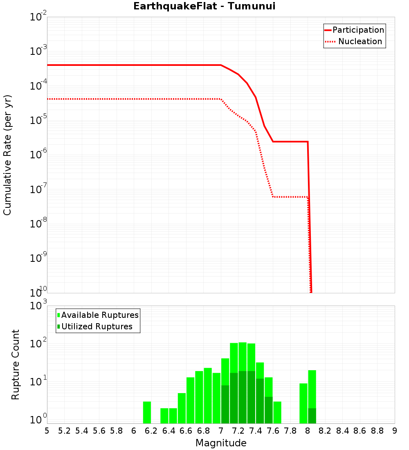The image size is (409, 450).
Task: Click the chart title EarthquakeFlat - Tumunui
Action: (204, 6)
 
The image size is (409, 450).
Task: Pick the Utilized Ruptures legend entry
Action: (97, 326)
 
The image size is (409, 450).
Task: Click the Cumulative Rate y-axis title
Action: (7, 155)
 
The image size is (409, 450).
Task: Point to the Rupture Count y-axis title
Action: (16, 364)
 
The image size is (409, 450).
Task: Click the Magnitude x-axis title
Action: (221, 443)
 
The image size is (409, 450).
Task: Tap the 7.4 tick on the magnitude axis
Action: (256, 431)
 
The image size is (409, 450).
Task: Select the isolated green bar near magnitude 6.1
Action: (147, 412)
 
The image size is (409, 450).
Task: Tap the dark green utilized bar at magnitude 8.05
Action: (312, 416)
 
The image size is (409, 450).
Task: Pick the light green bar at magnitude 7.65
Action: (277, 412)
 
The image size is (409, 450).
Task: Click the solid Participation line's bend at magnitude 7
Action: (221, 65)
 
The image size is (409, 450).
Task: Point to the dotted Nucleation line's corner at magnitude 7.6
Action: (273, 197)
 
